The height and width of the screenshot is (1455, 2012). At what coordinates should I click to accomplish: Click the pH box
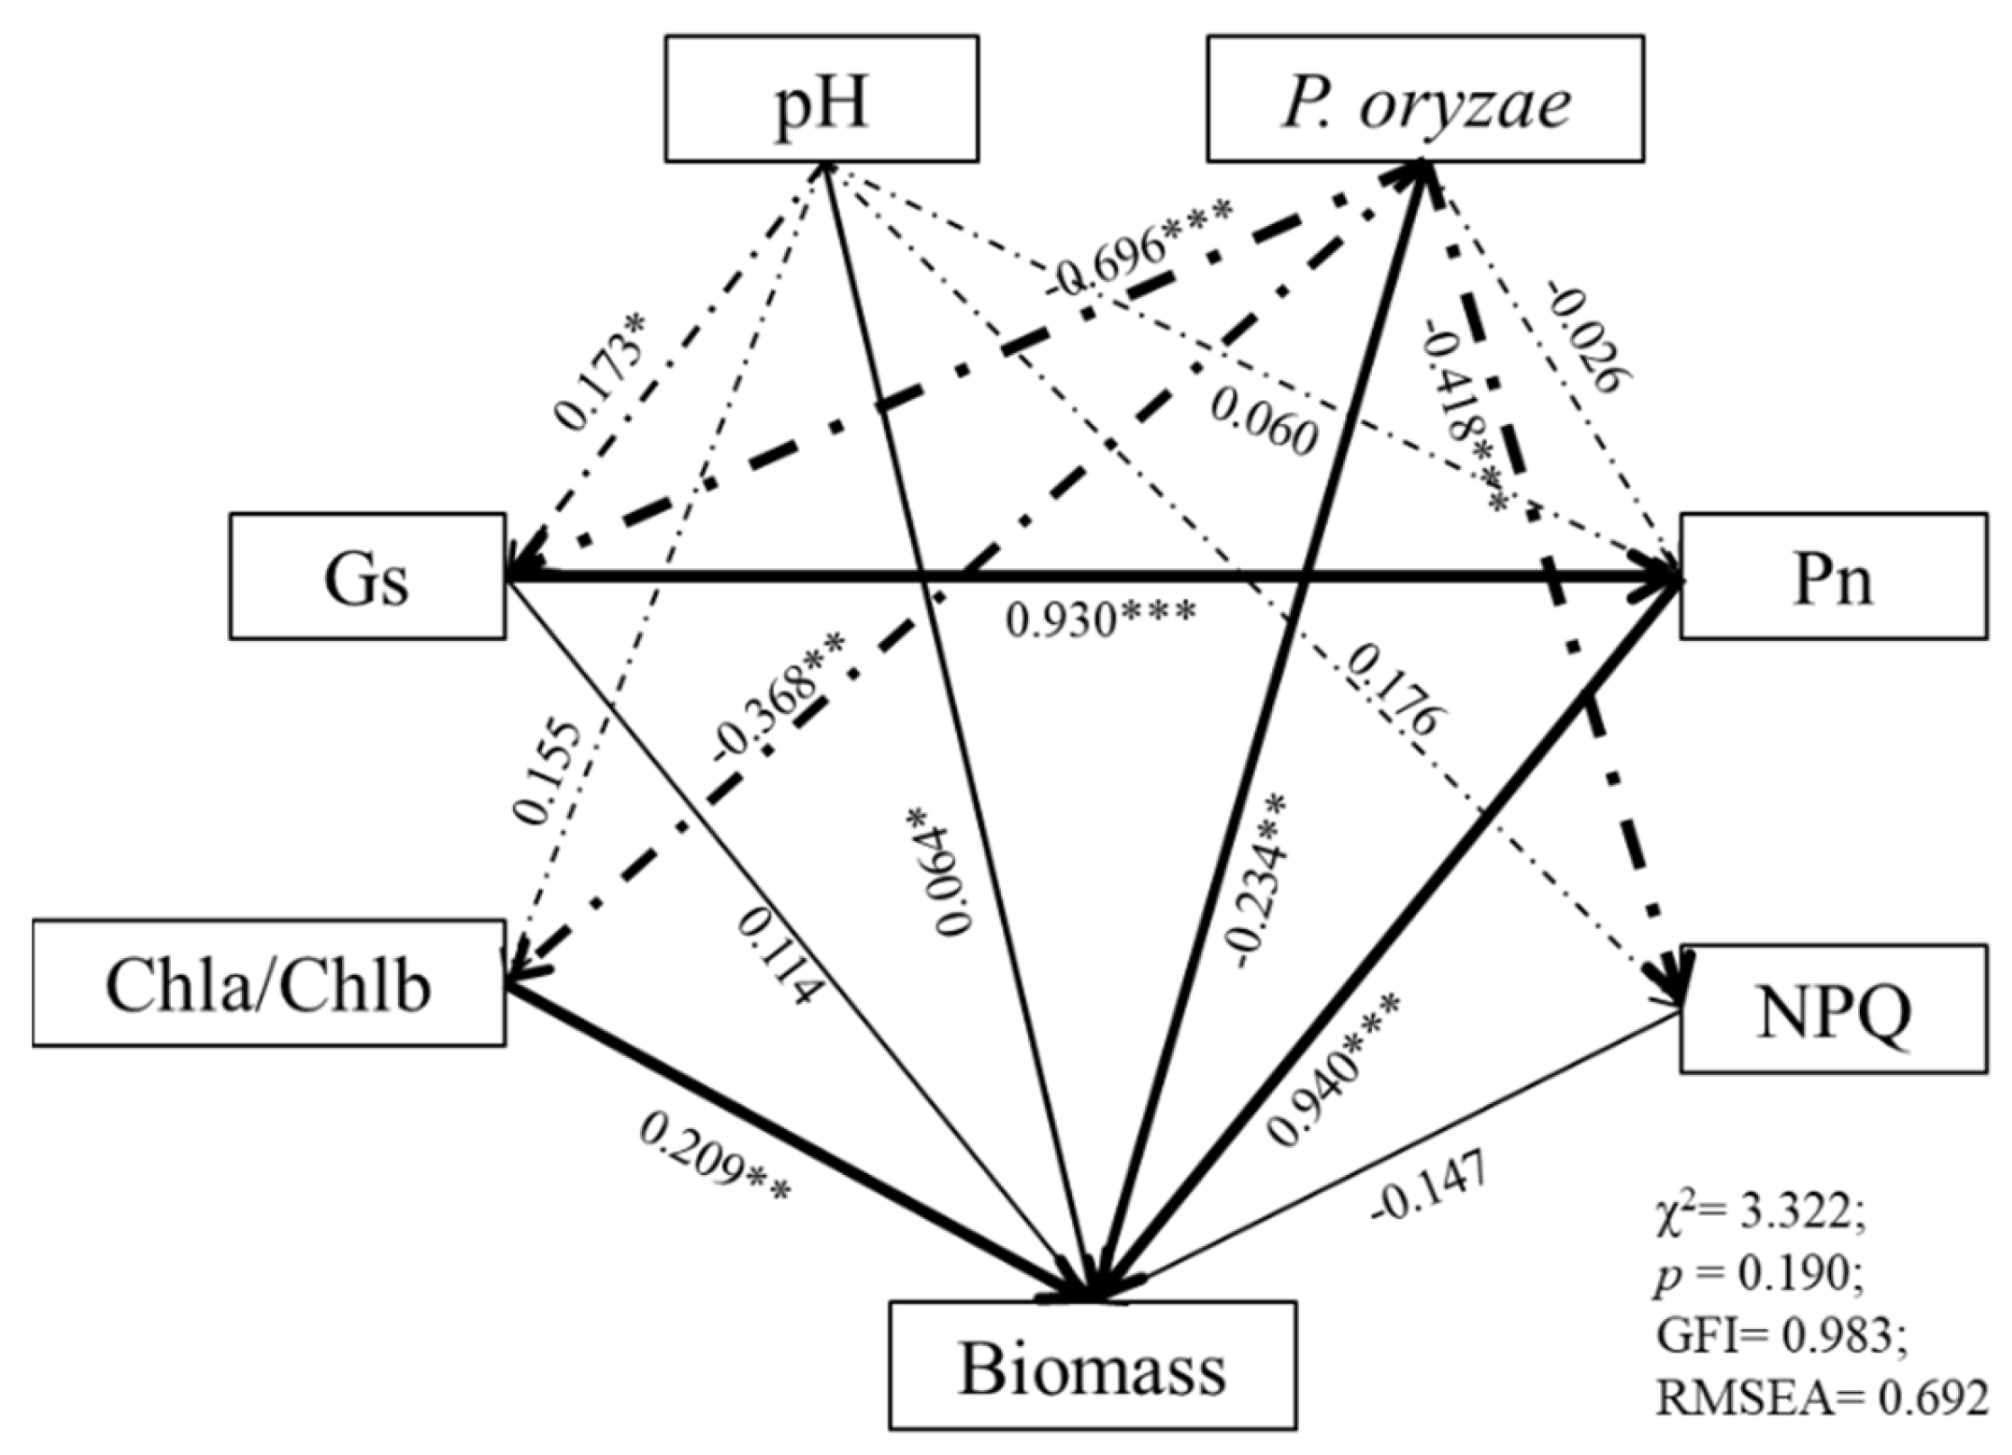(821, 99)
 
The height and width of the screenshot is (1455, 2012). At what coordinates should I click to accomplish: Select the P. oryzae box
(1425, 99)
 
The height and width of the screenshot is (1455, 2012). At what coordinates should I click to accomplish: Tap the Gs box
(367, 576)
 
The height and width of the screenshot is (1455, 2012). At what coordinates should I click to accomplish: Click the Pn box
(1833, 576)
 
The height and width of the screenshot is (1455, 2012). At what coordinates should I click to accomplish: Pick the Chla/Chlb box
(268, 983)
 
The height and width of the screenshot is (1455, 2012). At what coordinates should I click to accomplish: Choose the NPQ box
(1833, 1008)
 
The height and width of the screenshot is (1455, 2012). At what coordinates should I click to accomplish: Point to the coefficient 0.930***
(1101, 619)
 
